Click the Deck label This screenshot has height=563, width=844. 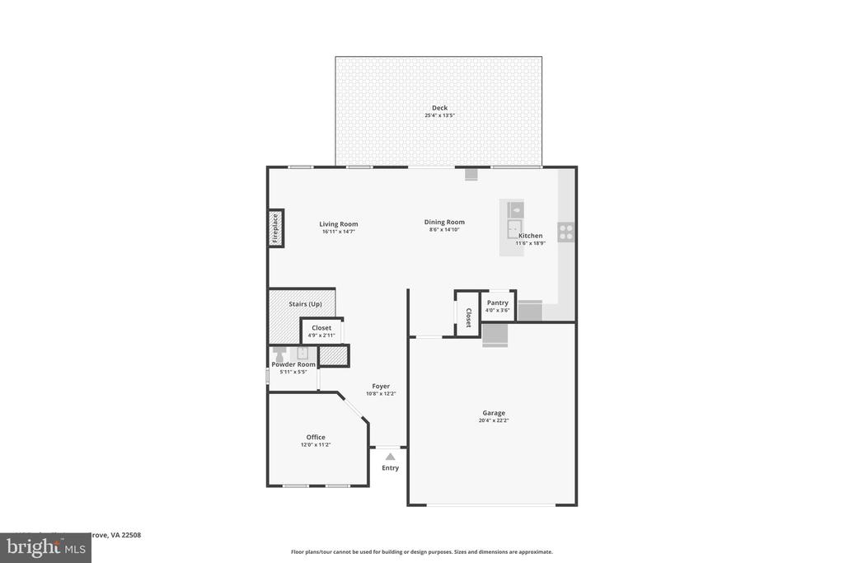(439, 108)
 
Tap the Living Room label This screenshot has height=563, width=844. (339, 224)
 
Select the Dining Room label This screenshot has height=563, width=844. (444, 222)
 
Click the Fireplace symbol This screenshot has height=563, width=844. (275, 228)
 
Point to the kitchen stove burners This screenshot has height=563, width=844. (565, 232)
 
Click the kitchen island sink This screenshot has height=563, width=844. (514, 228)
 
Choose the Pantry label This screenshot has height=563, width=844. (497, 303)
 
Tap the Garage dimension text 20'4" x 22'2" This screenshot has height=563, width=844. (494, 420)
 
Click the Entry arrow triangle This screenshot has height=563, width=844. (390, 457)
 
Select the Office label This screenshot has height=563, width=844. (316, 437)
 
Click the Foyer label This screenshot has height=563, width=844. (381, 386)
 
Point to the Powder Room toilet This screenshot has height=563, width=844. (278, 353)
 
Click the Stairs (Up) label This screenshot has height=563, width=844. (305, 304)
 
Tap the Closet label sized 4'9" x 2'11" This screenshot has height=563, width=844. (321, 328)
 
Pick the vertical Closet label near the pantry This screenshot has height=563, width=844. (468, 317)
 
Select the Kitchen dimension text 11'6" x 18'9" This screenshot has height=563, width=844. (531, 243)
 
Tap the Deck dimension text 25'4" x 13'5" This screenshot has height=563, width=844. (439, 115)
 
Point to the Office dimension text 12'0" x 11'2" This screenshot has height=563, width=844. (316, 445)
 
